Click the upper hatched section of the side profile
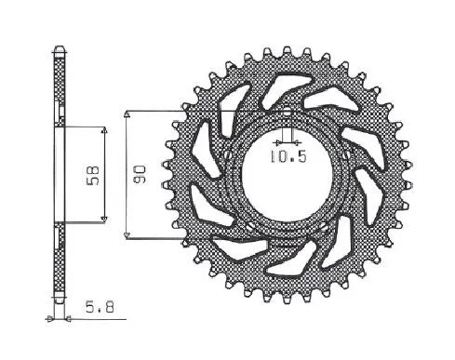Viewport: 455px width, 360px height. click(60, 84)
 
